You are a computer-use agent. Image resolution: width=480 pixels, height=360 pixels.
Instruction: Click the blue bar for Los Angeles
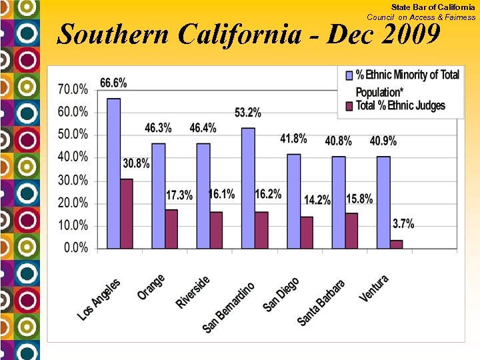click(113, 173)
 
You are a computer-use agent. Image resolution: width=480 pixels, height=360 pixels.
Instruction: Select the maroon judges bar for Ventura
click(396, 244)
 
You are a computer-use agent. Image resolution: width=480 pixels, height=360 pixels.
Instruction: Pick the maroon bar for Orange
click(171, 229)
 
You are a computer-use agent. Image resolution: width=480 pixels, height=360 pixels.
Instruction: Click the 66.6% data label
click(113, 83)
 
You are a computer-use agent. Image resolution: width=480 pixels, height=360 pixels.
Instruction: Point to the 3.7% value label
click(403, 224)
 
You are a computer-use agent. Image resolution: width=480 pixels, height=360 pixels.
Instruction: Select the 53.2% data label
click(248, 113)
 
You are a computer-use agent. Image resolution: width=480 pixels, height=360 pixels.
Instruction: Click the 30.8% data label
click(136, 163)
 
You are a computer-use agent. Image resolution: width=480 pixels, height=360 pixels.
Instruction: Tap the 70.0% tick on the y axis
click(73, 89)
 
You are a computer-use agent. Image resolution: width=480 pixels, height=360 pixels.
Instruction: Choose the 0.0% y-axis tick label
click(76, 248)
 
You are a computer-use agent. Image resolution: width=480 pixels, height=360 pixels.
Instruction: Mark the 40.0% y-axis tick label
click(73, 157)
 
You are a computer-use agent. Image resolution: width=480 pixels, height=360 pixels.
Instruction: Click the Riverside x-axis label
click(193, 291)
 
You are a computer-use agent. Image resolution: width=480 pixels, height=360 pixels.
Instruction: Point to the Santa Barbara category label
click(321, 302)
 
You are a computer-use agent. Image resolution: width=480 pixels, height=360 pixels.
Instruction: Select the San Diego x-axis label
click(281, 294)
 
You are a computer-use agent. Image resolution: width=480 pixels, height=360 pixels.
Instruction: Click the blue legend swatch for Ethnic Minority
click(348, 75)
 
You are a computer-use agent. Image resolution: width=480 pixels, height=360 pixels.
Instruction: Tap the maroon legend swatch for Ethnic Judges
click(348, 106)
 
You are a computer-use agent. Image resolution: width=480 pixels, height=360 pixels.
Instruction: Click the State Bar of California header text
click(433, 7)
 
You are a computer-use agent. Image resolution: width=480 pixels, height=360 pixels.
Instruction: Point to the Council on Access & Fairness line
click(421, 17)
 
